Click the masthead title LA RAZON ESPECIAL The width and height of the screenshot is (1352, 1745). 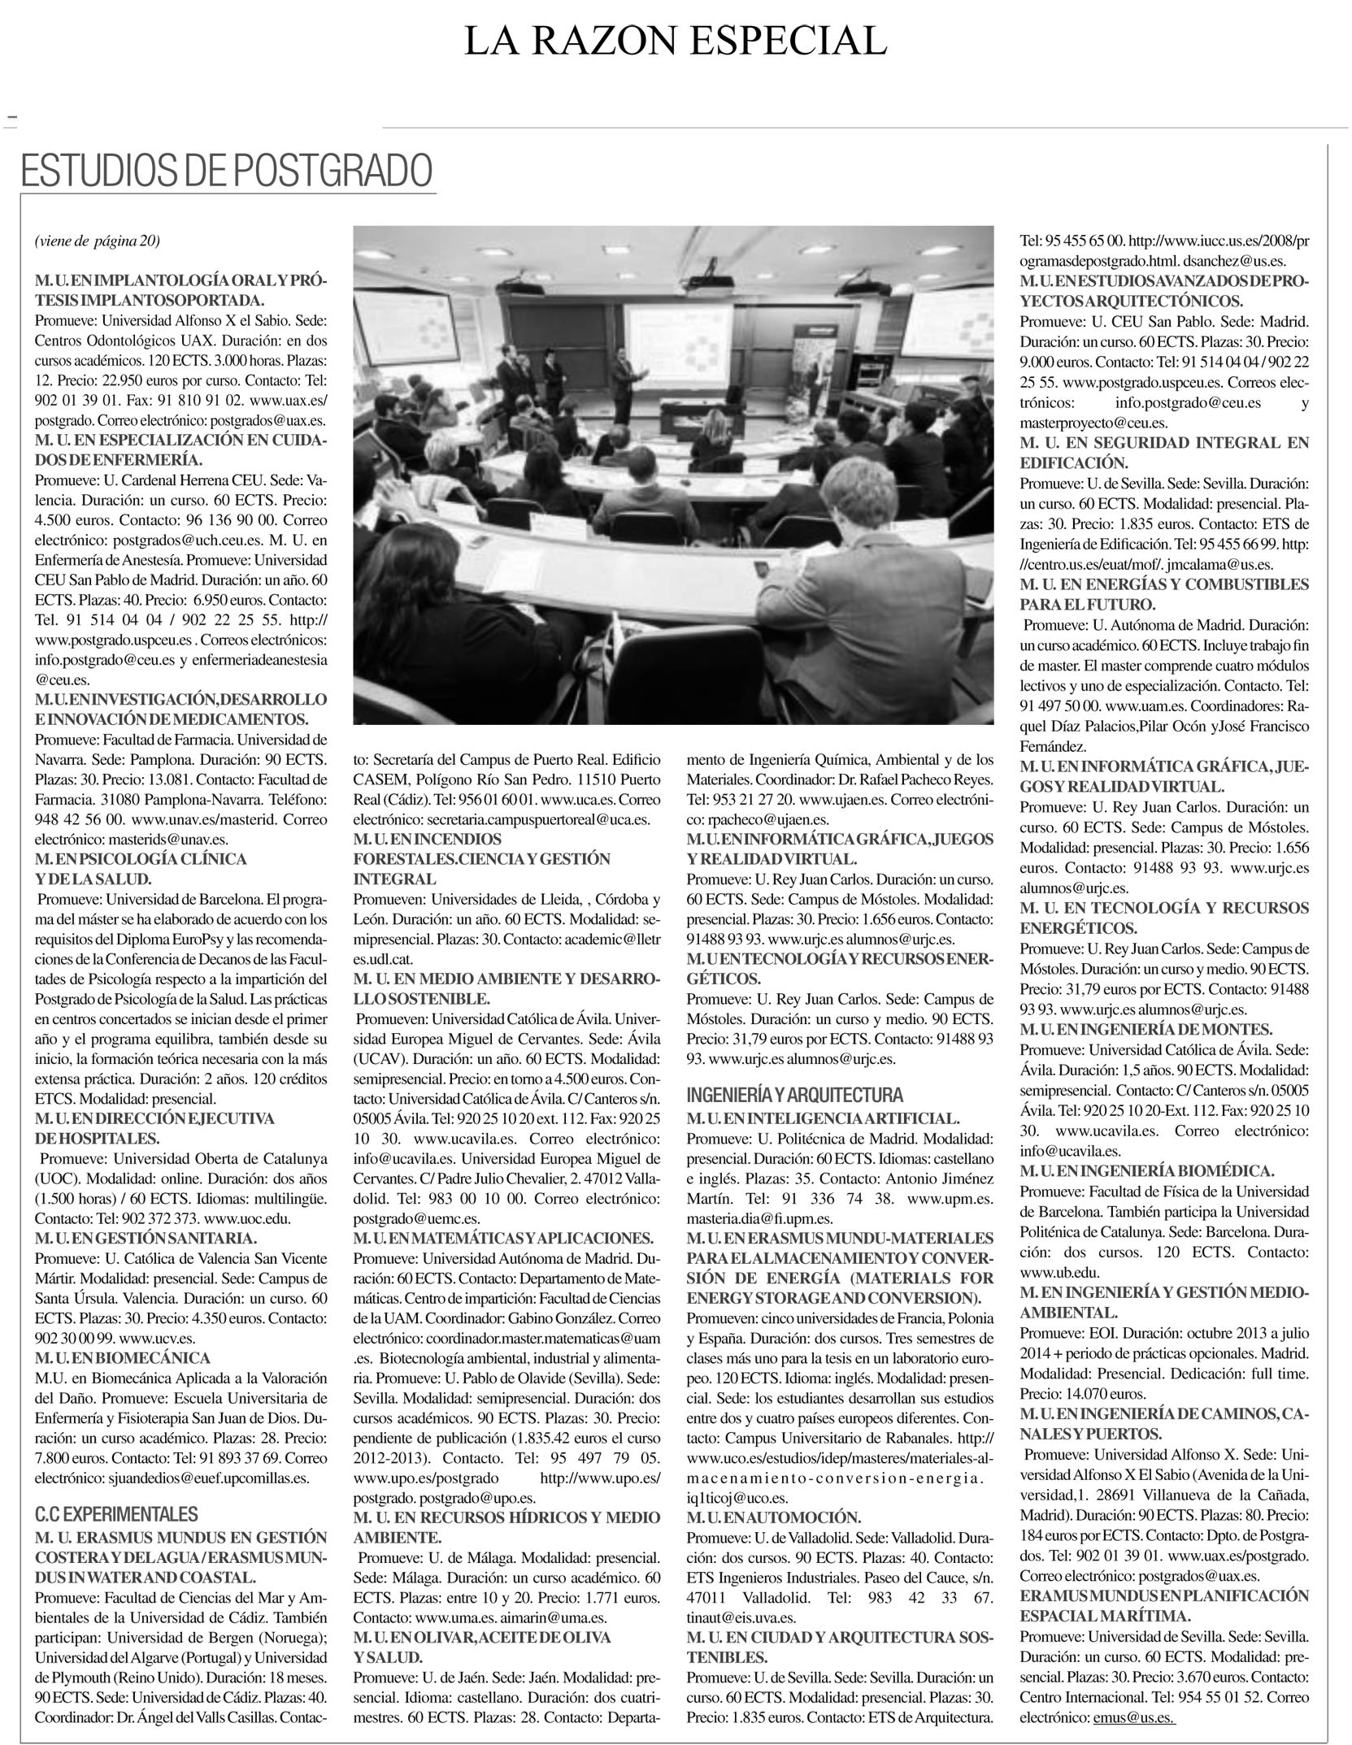tap(675, 41)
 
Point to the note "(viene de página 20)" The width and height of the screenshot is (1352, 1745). tap(98, 241)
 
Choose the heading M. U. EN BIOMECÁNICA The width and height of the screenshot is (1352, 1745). tap(123, 1358)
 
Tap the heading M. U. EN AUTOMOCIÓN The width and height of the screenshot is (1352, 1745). tap(773, 1517)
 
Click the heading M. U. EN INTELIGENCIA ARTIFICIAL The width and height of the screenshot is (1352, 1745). tap(824, 1119)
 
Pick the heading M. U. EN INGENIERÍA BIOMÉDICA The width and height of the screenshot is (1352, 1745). tap(1146, 1171)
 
